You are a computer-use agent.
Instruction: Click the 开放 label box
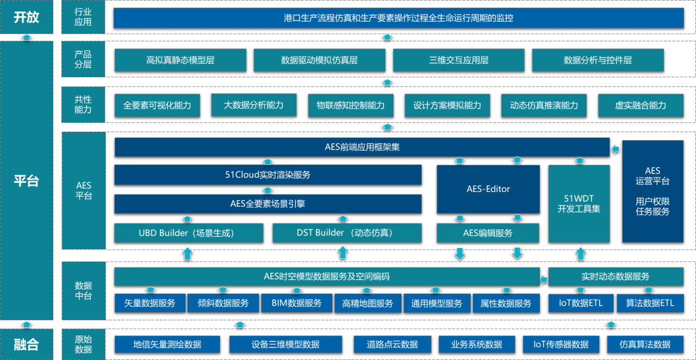click(27, 17)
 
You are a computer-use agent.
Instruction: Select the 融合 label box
click(27, 344)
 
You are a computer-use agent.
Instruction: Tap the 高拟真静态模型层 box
click(180, 60)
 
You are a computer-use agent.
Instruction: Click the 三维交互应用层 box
click(458, 60)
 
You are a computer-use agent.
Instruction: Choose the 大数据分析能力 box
click(253, 105)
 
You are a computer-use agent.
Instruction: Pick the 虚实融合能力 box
click(640, 105)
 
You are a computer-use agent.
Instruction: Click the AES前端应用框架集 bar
click(362, 147)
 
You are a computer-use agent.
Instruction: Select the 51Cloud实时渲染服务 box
click(268, 175)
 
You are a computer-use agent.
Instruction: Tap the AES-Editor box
click(488, 189)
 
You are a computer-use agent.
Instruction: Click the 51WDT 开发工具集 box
click(579, 203)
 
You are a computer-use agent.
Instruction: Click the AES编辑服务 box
click(488, 233)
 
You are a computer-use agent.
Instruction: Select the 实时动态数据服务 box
click(615, 277)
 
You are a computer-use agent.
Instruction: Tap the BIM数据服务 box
click(296, 303)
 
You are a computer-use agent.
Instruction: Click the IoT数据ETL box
click(581, 303)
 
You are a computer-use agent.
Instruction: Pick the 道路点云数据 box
click(392, 344)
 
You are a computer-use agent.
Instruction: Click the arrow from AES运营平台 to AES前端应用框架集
click(616, 148)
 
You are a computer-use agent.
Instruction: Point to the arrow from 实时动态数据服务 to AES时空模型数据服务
click(544, 280)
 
